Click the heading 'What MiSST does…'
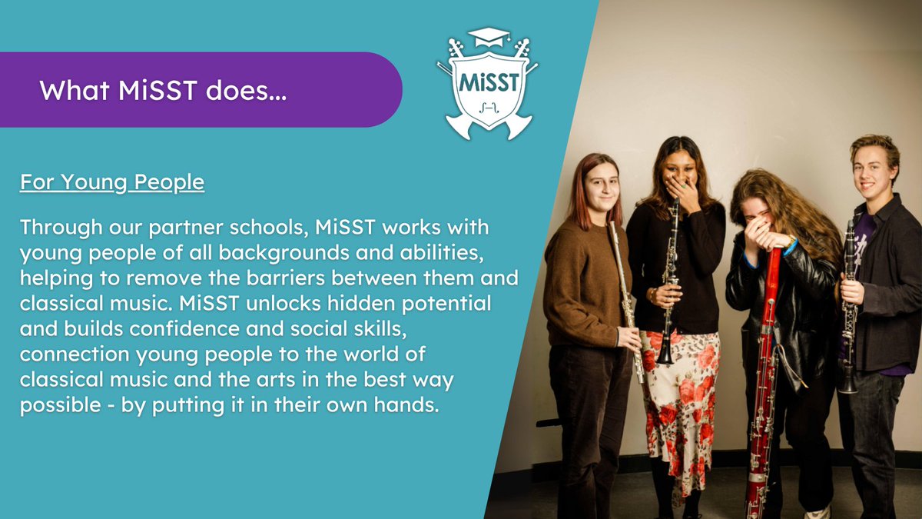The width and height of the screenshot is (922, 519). click(164, 90)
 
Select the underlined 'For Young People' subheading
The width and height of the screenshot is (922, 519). click(112, 183)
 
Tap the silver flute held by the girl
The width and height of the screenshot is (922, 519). click(624, 292)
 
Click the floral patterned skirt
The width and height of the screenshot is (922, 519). click(679, 400)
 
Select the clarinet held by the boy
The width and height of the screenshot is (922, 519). click(848, 308)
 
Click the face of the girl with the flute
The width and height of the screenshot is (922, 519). click(602, 184)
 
